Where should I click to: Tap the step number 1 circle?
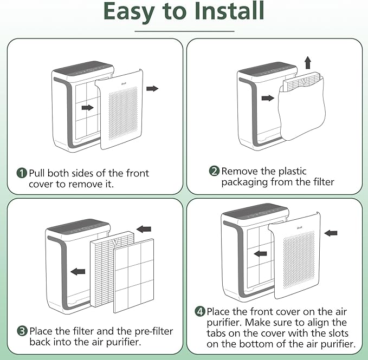coord(22,173)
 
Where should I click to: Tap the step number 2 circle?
coord(214,171)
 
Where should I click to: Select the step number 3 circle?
coord(22,330)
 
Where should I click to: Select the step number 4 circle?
coord(200,312)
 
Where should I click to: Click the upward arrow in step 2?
coord(308,62)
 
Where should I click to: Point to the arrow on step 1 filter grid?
coord(87,108)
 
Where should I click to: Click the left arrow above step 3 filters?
coord(144,229)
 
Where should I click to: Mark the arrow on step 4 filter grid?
coord(260,253)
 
